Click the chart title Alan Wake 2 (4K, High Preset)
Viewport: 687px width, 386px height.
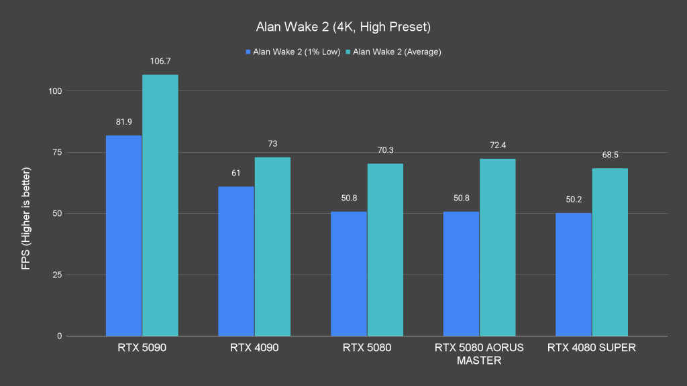click(343, 27)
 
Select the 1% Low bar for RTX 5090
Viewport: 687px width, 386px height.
click(123, 235)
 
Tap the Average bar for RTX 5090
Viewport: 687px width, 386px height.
click(160, 205)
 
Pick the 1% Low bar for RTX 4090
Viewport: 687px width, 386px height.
click(236, 261)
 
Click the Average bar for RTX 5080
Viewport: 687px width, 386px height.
click(385, 249)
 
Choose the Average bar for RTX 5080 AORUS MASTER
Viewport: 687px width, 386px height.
click(498, 247)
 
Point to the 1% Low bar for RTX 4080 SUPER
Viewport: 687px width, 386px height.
click(574, 274)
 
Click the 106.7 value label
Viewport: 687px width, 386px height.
click(160, 61)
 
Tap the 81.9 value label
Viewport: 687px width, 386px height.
click(123, 122)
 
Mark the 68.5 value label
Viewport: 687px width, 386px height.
click(610, 155)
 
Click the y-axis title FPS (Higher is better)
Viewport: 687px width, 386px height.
click(25, 214)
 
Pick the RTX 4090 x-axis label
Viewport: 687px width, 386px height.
click(254, 348)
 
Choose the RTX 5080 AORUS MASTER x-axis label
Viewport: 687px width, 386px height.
click(479, 354)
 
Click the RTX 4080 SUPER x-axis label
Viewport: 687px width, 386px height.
click(592, 348)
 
